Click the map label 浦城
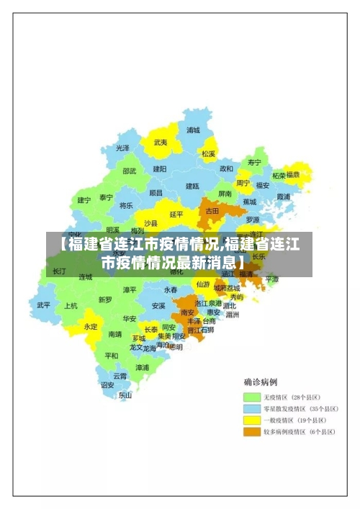click(x=193, y=130)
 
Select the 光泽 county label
click(x=123, y=148)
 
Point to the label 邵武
click(x=129, y=171)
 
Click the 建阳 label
click(x=159, y=168)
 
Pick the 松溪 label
click(x=209, y=153)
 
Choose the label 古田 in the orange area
click(x=212, y=211)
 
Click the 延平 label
click(x=176, y=214)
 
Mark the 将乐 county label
click(x=126, y=204)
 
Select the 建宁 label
click(x=84, y=200)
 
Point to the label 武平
click(x=44, y=305)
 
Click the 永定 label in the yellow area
click(x=91, y=326)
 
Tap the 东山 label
click(x=125, y=395)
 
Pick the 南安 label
click(x=188, y=312)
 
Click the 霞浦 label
click(x=282, y=197)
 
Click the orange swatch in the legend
click(x=251, y=432)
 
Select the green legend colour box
click(x=251, y=397)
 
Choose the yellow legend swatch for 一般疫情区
click(x=251, y=420)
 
